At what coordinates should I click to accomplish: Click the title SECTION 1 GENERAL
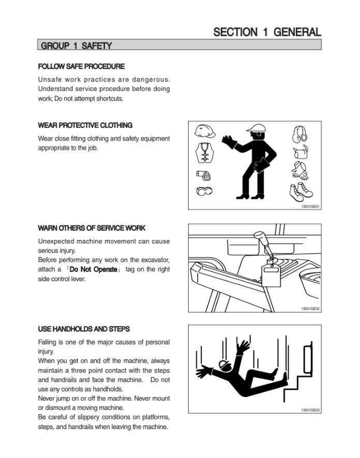[x=267, y=32]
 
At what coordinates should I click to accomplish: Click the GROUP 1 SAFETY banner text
[x=76, y=46]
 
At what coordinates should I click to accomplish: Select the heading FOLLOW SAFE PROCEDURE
[x=81, y=67]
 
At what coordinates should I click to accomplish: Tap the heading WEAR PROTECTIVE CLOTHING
[x=85, y=125]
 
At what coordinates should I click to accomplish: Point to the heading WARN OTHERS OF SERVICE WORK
[x=92, y=228]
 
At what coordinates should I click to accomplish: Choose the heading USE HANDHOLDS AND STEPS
[x=84, y=329]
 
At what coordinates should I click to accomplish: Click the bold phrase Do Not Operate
[x=94, y=269]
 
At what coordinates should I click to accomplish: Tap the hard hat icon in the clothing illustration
[x=204, y=131]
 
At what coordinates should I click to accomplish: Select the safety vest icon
[x=204, y=152]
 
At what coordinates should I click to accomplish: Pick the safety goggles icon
[x=204, y=191]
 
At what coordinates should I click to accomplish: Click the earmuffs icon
[x=299, y=134]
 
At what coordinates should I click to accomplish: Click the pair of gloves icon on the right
[x=300, y=171]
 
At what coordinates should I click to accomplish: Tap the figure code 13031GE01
[x=310, y=207]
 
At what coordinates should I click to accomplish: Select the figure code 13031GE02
[x=310, y=309]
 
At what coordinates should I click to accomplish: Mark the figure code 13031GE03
[x=310, y=410]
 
